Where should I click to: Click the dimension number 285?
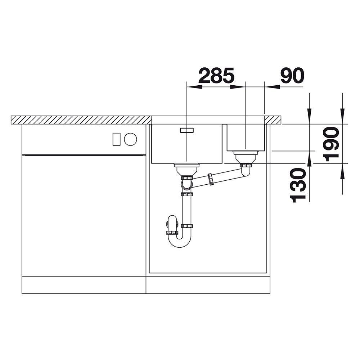pyautogui.click(x=216, y=75)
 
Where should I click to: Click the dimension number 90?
pyautogui.click(x=292, y=75)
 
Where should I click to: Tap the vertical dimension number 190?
pyautogui.click(x=331, y=144)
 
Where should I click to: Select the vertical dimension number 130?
pyautogui.click(x=298, y=185)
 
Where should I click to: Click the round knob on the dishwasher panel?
pyautogui.click(x=130, y=139)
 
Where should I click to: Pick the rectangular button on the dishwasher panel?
pyautogui.click(x=116, y=139)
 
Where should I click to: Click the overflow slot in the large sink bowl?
pyautogui.click(x=186, y=130)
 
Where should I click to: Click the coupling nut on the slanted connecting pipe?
pyautogui.click(x=211, y=179)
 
